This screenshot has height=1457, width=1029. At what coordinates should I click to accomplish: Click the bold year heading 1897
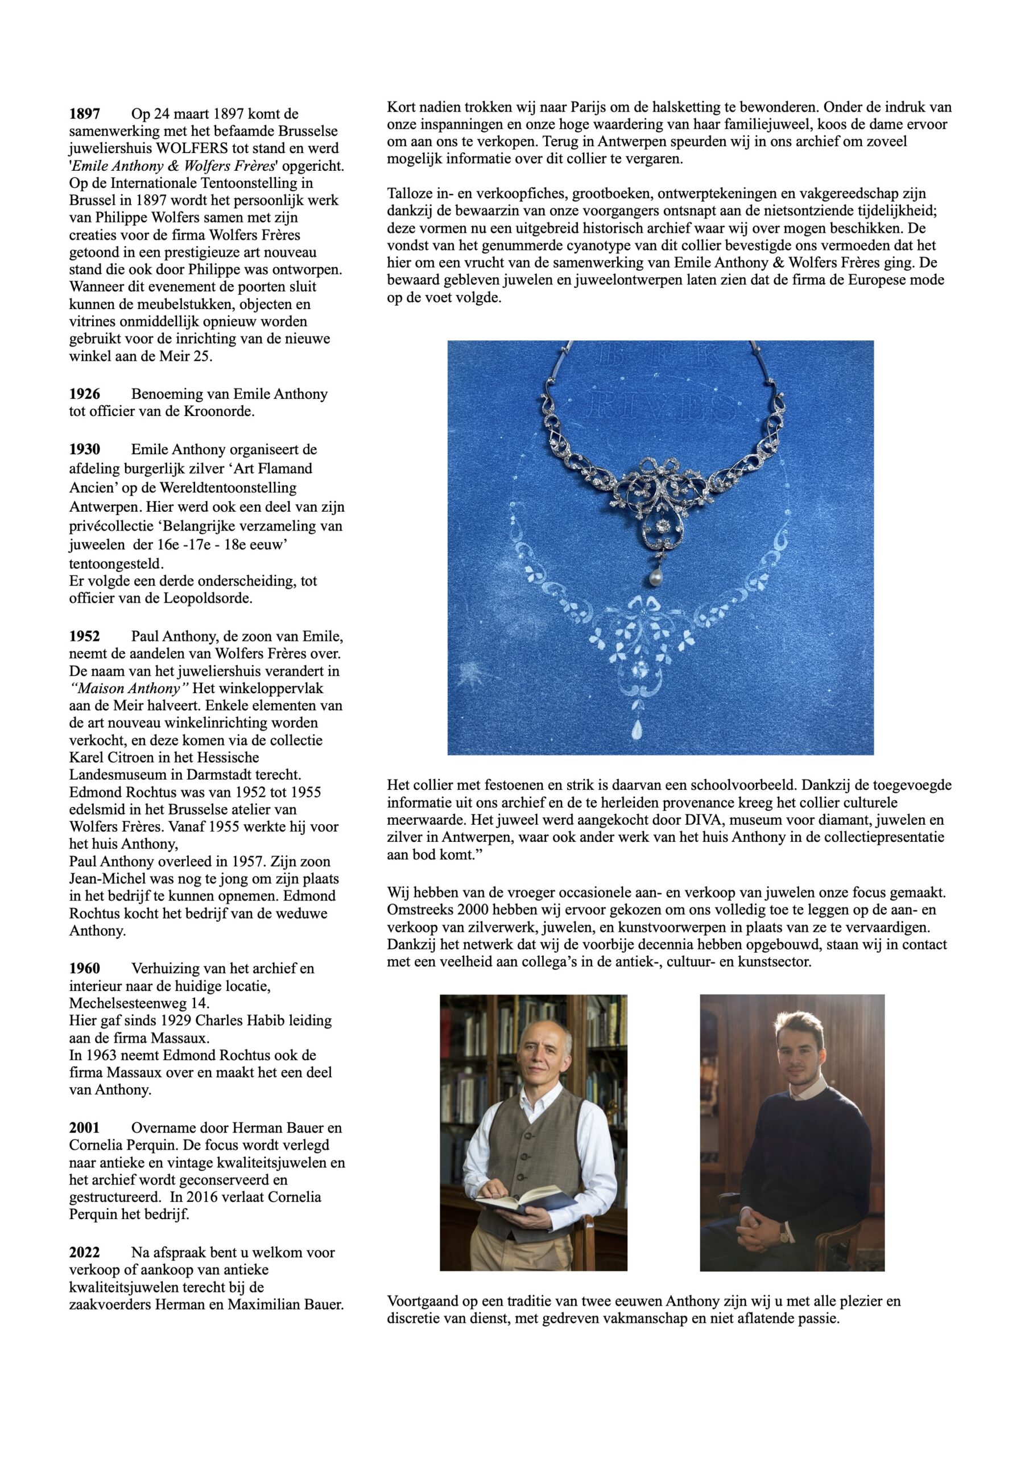[x=84, y=114]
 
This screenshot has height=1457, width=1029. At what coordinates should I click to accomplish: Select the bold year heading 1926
[x=84, y=394]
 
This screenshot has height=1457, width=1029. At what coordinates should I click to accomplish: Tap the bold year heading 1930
[x=84, y=450]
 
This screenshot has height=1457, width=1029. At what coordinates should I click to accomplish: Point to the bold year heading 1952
[x=84, y=636]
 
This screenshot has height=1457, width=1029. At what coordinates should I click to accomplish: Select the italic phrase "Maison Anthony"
[x=130, y=689]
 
